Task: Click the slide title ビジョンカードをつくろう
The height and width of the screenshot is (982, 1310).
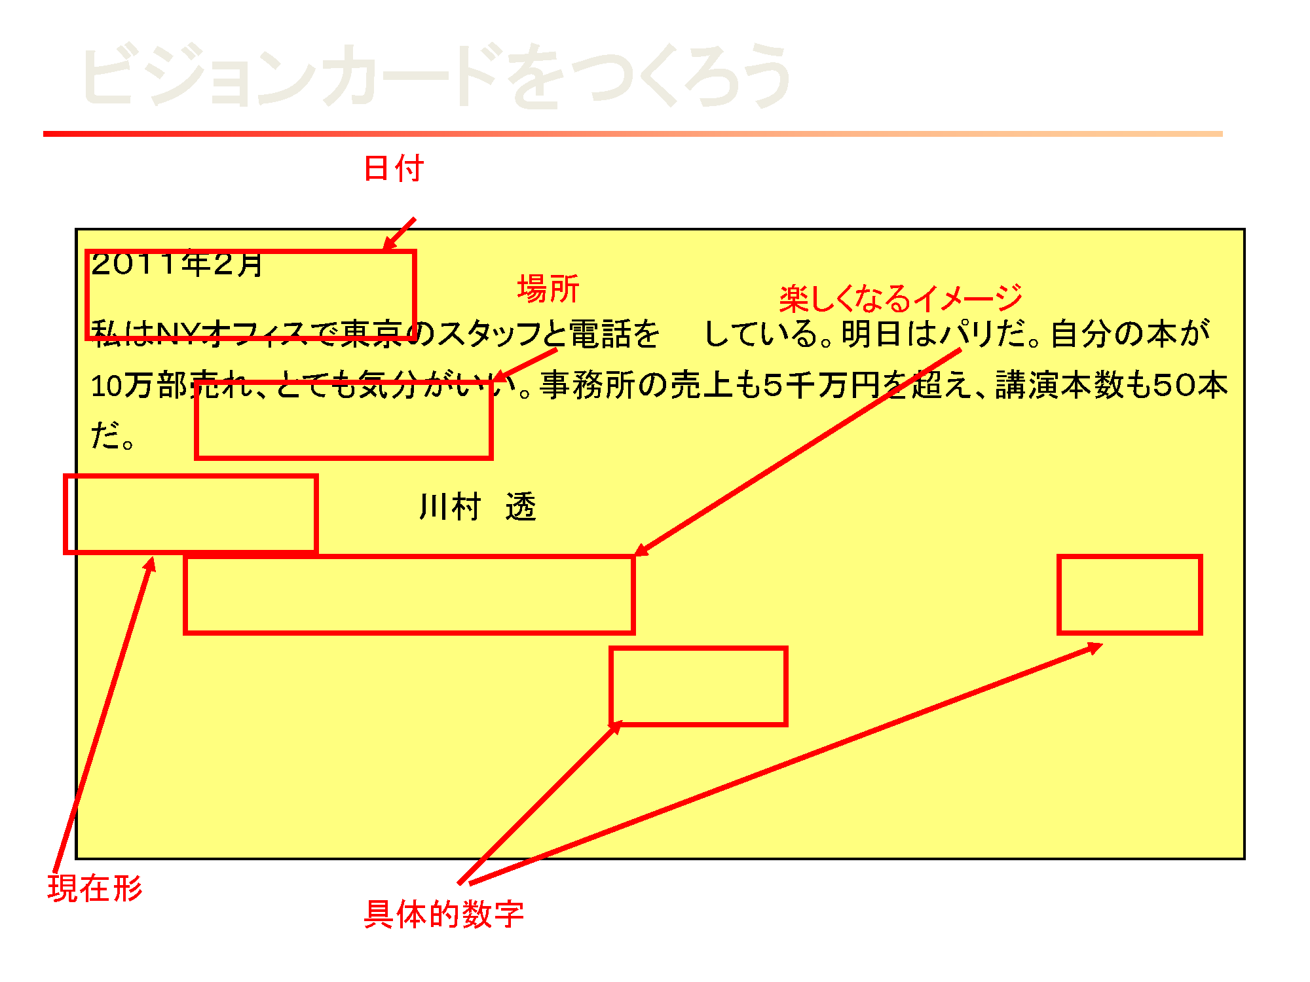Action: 436,75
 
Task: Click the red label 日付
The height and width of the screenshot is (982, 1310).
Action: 394,168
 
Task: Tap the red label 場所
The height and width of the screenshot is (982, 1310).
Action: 548,289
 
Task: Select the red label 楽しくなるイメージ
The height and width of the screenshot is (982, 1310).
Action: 901,299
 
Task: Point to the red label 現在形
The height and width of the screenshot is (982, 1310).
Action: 95,888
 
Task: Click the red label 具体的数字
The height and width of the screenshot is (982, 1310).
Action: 444,915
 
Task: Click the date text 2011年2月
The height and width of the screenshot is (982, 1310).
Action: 177,264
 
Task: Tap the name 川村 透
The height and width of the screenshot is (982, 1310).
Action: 477,507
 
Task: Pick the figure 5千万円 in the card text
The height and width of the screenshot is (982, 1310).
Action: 821,385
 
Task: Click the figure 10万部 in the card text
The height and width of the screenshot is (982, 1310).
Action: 140,386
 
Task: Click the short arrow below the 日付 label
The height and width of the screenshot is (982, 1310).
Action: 399,234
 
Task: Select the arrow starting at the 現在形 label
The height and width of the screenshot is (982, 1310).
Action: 105,714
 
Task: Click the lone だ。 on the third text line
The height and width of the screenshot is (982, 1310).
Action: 112,436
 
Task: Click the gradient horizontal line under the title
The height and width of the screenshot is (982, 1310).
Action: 633,134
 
